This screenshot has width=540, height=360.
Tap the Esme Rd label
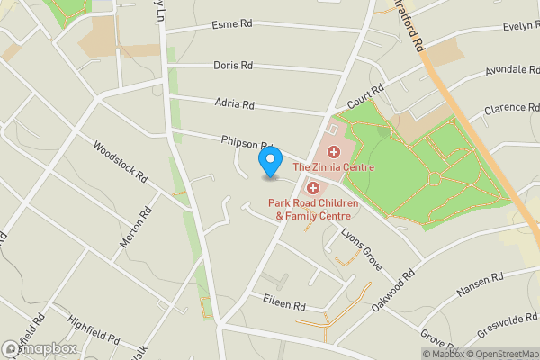(x=231, y=24)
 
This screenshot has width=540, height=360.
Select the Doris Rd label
(x=233, y=66)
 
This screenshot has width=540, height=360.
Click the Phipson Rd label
(x=246, y=142)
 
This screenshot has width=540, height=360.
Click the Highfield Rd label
(x=93, y=328)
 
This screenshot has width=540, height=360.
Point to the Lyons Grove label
(x=362, y=247)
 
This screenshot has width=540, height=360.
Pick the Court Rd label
(x=366, y=97)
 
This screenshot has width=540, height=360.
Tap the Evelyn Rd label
(x=519, y=27)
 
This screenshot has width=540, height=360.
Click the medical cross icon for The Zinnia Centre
(x=333, y=152)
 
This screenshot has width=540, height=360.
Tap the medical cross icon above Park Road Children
(x=313, y=188)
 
